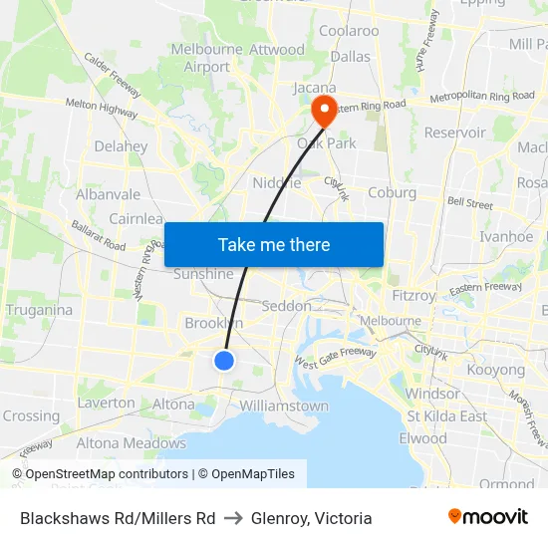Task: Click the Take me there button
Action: click(x=274, y=245)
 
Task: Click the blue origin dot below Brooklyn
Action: click(x=224, y=361)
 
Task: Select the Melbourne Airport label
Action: click(x=207, y=58)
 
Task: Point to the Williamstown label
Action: click(x=284, y=407)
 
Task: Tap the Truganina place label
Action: click(x=39, y=310)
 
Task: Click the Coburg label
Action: click(x=392, y=192)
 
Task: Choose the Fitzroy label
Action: click(x=413, y=296)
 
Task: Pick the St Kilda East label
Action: click(x=446, y=415)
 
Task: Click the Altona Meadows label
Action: click(x=132, y=443)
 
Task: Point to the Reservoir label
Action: click(x=454, y=133)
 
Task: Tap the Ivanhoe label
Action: click(x=506, y=237)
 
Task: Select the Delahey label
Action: click(x=121, y=146)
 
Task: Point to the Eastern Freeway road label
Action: click(x=485, y=289)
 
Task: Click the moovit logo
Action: click(x=488, y=517)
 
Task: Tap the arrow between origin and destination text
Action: click(x=233, y=518)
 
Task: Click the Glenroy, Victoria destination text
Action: click(x=312, y=518)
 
